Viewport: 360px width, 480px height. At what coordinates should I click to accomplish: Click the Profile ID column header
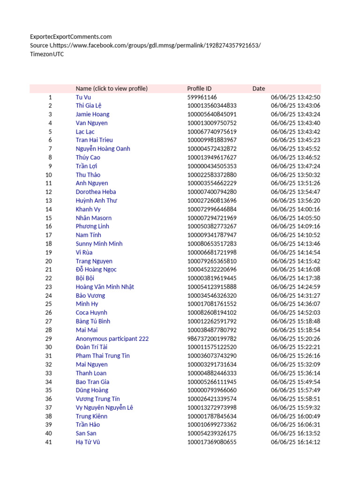click(199, 89)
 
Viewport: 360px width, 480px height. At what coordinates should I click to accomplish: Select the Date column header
click(258, 89)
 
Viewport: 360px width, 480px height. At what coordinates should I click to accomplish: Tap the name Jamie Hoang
click(92, 114)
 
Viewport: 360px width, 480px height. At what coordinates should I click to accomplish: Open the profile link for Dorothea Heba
click(96, 192)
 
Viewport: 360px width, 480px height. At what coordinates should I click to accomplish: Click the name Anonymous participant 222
click(112, 338)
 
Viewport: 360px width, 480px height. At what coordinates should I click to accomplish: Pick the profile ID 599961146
click(202, 97)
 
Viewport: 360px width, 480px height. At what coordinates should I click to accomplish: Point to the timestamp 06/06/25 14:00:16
click(295, 209)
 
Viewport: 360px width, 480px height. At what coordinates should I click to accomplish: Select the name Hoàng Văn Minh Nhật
click(105, 287)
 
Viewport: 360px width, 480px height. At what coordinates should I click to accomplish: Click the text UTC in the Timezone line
click(58, 54)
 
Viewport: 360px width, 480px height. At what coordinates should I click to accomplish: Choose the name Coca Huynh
click(91, 313)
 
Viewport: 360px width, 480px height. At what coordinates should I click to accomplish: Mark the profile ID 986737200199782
click(212, 338)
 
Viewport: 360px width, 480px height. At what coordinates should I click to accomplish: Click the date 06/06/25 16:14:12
click(295, 442)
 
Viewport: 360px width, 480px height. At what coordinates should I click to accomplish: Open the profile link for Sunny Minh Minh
click(99, 244)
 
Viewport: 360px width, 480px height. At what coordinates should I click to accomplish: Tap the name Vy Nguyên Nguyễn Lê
click(104, 407)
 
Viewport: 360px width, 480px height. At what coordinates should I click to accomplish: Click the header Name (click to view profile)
click(112, 89)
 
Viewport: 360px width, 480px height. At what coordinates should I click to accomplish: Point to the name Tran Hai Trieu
click(94, 140)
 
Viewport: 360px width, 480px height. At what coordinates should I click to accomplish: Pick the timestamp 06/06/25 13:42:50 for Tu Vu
click(295, 97)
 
